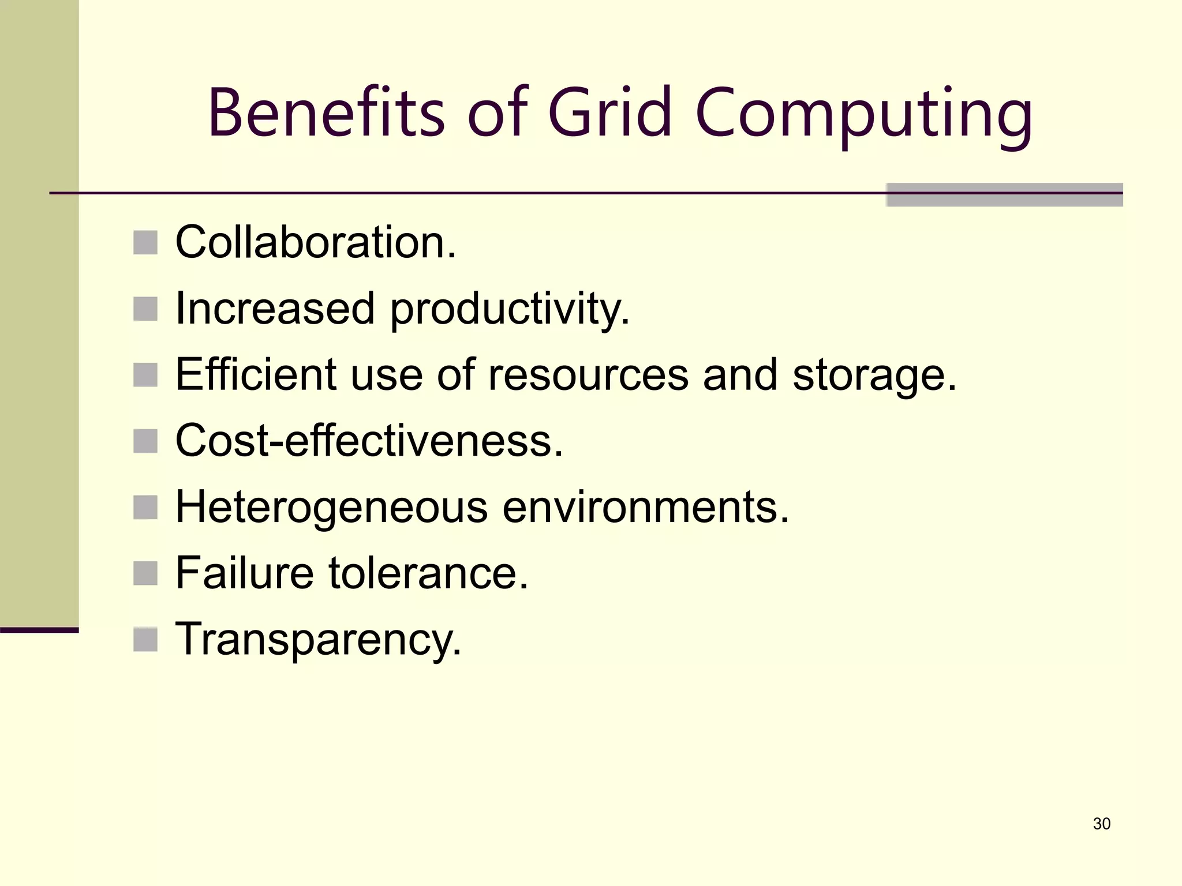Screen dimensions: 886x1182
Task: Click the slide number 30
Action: click(1101, 824)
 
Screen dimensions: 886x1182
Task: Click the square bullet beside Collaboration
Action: click(145, 243)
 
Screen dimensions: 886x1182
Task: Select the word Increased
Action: click(275, 309)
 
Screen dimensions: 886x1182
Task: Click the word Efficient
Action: click(256, 375)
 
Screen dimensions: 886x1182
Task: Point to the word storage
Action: click(874, 377)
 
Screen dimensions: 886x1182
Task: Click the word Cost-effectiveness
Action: click(369, 441)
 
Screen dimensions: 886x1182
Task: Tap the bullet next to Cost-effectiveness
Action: click(145, 441)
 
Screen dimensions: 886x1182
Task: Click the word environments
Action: click(645, 508)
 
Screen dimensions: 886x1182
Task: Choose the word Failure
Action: click(245, 573)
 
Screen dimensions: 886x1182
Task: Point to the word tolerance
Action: click(428, 573)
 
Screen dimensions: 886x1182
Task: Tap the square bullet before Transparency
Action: click(145, 640)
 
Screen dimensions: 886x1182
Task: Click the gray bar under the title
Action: click(1004, 195)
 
